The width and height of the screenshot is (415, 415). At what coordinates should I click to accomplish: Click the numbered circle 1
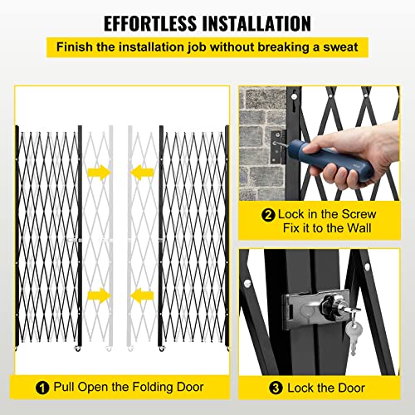pyautogui.click(x=41, y=386)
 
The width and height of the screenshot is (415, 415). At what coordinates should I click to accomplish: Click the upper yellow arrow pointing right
pyautogui.click(x=97, y=173)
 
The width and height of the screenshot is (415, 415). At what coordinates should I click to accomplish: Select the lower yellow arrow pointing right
pyautogui.click(x=97, y=294)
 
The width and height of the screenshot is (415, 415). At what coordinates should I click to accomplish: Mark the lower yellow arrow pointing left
pyautogui.click(x=139, y=294)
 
